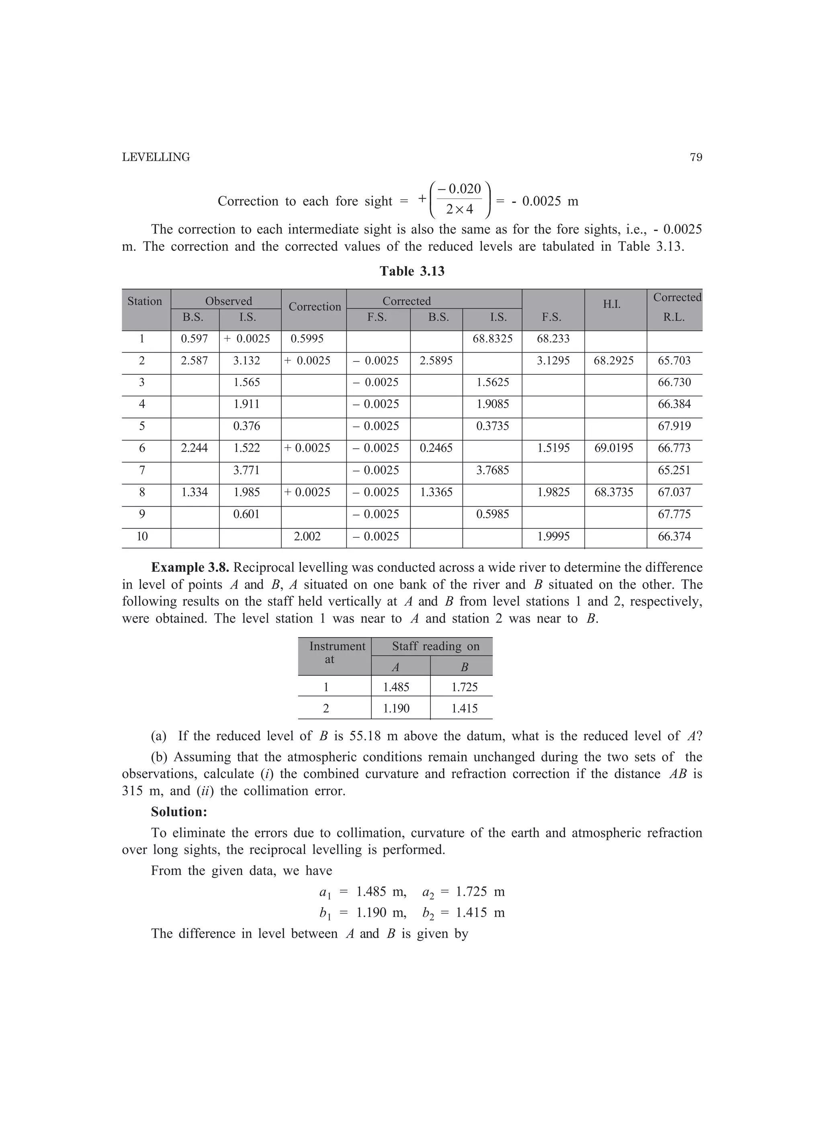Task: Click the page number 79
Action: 696,157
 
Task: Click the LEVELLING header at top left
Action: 156,157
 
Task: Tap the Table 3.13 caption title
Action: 411,271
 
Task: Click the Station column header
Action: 145,301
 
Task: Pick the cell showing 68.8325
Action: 492,339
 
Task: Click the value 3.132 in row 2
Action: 247,361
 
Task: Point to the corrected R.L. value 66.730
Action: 674,383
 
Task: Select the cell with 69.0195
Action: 613,448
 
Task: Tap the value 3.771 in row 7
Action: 247,470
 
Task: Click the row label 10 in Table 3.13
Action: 142,536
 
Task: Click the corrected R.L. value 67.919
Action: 674,426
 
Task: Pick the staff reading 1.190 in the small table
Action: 396,708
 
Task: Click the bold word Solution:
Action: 179,812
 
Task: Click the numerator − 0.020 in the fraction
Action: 459,189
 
